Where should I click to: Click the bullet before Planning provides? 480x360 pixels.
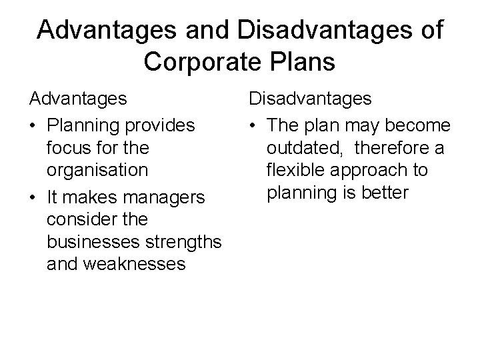(33, 125)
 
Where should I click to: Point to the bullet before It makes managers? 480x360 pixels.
(33, 197)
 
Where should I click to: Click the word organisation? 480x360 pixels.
(97, 169)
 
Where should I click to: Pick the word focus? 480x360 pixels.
(68, 146)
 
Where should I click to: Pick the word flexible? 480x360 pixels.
(291, 169)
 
